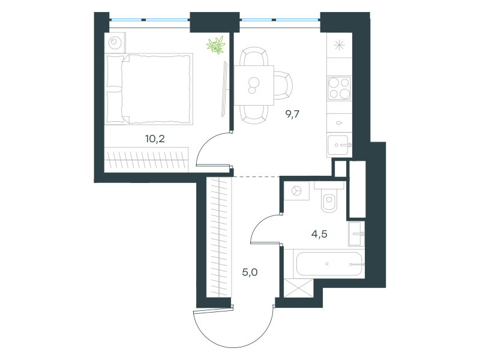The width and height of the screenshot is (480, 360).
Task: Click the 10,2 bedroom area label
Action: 155,139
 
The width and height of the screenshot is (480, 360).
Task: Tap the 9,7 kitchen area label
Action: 292,114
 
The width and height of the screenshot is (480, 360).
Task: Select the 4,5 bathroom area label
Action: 319,234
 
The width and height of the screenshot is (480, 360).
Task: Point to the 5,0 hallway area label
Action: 250,272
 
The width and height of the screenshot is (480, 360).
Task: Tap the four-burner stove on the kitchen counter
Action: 339,88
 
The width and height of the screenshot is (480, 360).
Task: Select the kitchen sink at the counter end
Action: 339,146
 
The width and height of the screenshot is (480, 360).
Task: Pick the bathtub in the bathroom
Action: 329,264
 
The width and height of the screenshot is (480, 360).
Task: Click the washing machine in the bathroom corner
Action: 296,191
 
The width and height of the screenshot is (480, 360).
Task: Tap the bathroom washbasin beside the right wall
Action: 356,233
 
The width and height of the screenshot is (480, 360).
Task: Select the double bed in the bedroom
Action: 149,89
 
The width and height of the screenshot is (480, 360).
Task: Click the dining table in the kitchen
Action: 254,85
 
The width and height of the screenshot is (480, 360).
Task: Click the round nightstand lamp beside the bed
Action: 115,42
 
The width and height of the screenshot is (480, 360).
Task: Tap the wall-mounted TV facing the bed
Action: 224,89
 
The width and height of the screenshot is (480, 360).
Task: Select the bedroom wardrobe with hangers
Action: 146,160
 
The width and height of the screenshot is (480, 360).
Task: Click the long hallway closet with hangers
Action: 219,237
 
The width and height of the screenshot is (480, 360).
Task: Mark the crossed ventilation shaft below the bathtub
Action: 299,288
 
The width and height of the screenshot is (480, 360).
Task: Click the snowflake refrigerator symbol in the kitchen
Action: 339,46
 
